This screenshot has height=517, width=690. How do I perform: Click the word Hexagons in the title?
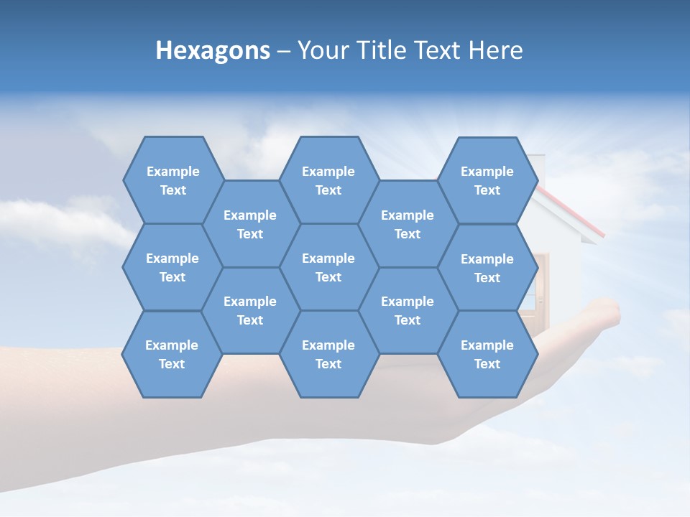click(x=213, y=50)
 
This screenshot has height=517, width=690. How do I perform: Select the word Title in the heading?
click(x=387, y=50)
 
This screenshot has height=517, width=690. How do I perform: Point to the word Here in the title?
click(x=496, y=50)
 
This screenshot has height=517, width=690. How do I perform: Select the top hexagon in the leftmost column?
click(x=172, y=180)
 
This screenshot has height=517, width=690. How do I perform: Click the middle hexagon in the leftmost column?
click(x=172, y=267)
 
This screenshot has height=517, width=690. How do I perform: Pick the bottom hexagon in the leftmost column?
click(x=172, y=354)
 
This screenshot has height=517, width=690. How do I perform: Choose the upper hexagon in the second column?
click(x=250, y=224)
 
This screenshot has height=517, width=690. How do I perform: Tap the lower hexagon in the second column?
click(x=250, y=310)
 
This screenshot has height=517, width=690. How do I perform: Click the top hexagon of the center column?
click(x=328, y=180)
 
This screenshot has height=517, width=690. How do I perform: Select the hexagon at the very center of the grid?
click(x=328, y=267)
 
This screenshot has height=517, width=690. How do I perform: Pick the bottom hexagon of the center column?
click(x=328, y=354)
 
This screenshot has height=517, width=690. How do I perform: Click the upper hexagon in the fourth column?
click(x=408, y=224)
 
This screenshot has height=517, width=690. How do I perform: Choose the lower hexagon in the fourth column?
click(x=408, y=310)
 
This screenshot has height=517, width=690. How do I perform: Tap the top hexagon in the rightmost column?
click(x=487, y=180)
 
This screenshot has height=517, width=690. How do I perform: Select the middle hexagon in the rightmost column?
click(x=487, y=268)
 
